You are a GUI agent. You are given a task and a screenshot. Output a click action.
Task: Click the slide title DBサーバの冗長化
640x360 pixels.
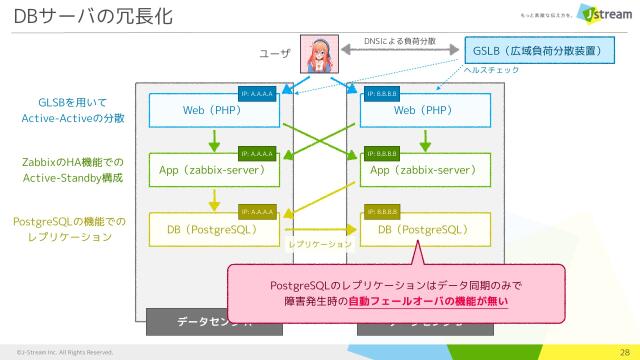pyautogui.click(x=92, y=17)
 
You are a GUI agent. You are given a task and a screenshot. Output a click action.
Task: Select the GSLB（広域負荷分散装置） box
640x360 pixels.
pyautogui.click(x=538, y=50)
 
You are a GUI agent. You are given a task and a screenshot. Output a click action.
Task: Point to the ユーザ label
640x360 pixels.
pyautogui.click(x=273, y=53)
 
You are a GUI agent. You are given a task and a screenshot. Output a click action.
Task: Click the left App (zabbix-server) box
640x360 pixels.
pyautogui.click(x=210, y=171)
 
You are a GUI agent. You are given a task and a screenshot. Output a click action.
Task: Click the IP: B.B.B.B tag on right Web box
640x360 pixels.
pyautogui.click(x=382, y=94)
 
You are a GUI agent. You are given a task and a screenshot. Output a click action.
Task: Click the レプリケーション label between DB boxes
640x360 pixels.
pyautogui.click(x=319, y=243)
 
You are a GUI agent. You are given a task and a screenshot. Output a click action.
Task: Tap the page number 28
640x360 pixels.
pyautogui.click(x=623, y=351)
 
